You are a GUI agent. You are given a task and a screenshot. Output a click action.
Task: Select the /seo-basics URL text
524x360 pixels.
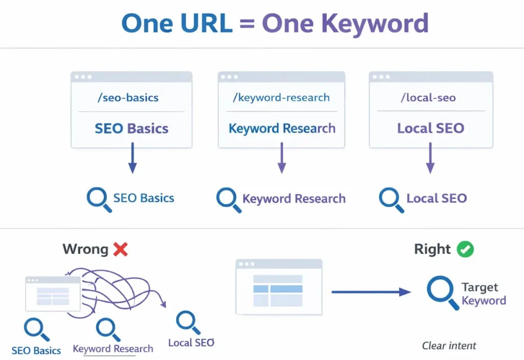pyautogui.click(x=127, y=97)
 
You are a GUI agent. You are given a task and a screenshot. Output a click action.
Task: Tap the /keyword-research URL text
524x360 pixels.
pyautogui.click(x=281, y=97)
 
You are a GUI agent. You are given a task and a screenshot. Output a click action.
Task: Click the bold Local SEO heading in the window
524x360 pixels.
pyautogui.click(x=430, y=128)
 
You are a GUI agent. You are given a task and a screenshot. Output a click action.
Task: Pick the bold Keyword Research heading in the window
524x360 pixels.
pyautogui.click(x=282, y=128)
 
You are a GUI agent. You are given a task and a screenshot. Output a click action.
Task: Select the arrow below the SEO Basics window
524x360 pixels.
pyautogui.click(x=132, y=158)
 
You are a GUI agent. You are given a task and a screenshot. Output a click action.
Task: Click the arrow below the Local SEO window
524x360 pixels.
pyautogui.click(x=430, y=158)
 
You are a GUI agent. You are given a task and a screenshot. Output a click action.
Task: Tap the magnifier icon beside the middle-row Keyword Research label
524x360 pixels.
pyautogui.click(x=228, y=199)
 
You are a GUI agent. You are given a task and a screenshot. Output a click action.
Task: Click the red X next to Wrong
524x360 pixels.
pyautogui.click(x=120, y=249)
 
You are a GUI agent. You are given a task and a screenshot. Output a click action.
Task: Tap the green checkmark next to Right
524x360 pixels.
pyautogui.click(x=465, y=249)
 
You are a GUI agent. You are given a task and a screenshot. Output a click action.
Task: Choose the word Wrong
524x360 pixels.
pyautogui.click(x=85, y=249)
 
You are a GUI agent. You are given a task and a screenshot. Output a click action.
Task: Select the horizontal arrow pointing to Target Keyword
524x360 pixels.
pyautogui.click(x=370, y=292)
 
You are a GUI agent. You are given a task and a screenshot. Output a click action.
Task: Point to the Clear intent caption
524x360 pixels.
pyautogui.click(x=449, y=346)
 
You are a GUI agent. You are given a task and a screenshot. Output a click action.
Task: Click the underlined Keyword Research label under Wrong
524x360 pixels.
pyautogui.click(x=113, y=349)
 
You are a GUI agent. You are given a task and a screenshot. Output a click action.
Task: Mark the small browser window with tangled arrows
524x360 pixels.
pyautogui.click(x=53, y=294)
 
